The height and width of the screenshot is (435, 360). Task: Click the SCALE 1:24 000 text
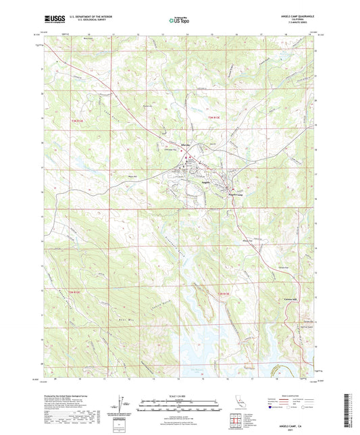click(x=179, y=396)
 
